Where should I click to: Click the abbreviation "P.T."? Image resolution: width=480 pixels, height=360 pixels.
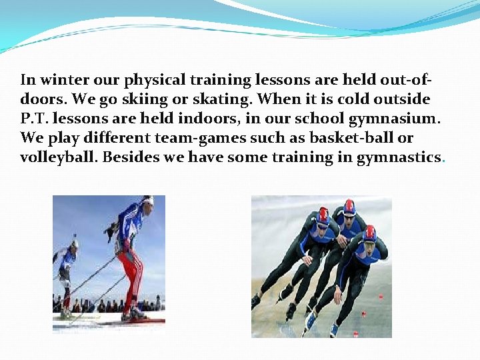coord(33,119)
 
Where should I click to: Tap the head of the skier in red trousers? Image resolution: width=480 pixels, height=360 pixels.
coord(146,201)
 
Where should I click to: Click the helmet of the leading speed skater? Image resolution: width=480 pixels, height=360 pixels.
coord(369,233)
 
